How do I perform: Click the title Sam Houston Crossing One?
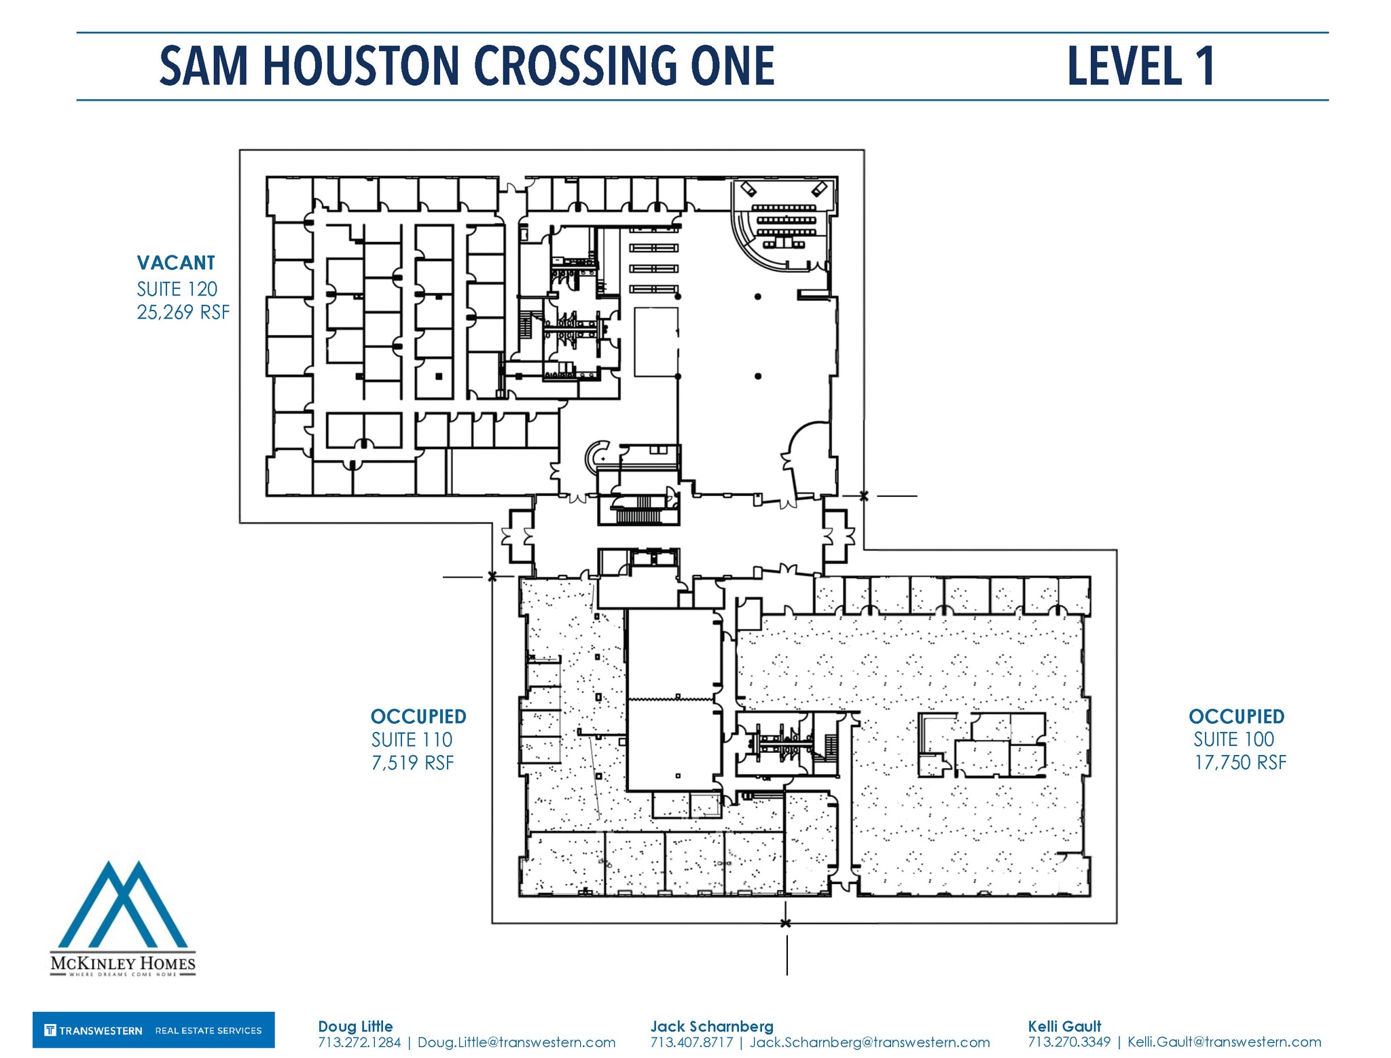(467, 66)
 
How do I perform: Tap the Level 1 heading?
(1140, 66)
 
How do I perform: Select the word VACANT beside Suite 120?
(176, 263)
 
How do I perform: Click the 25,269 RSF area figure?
(183, 312)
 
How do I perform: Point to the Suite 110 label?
(412, 739)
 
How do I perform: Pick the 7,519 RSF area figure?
(412, 762)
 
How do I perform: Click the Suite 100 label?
(1233, 739)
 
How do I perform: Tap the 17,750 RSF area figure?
(1240, 762)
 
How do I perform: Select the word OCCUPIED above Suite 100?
(1236, 716)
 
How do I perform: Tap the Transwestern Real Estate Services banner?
(153, 1030)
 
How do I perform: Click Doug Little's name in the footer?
(355, 1026)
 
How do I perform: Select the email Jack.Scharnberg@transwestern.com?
(869, 1042)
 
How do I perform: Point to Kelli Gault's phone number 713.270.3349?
(1069, 1042)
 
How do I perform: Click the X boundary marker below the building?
(786, 923)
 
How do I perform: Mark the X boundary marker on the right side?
(863, 496)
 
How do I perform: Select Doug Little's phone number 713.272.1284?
(359, 1042)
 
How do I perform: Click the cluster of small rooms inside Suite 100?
(981, 745)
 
